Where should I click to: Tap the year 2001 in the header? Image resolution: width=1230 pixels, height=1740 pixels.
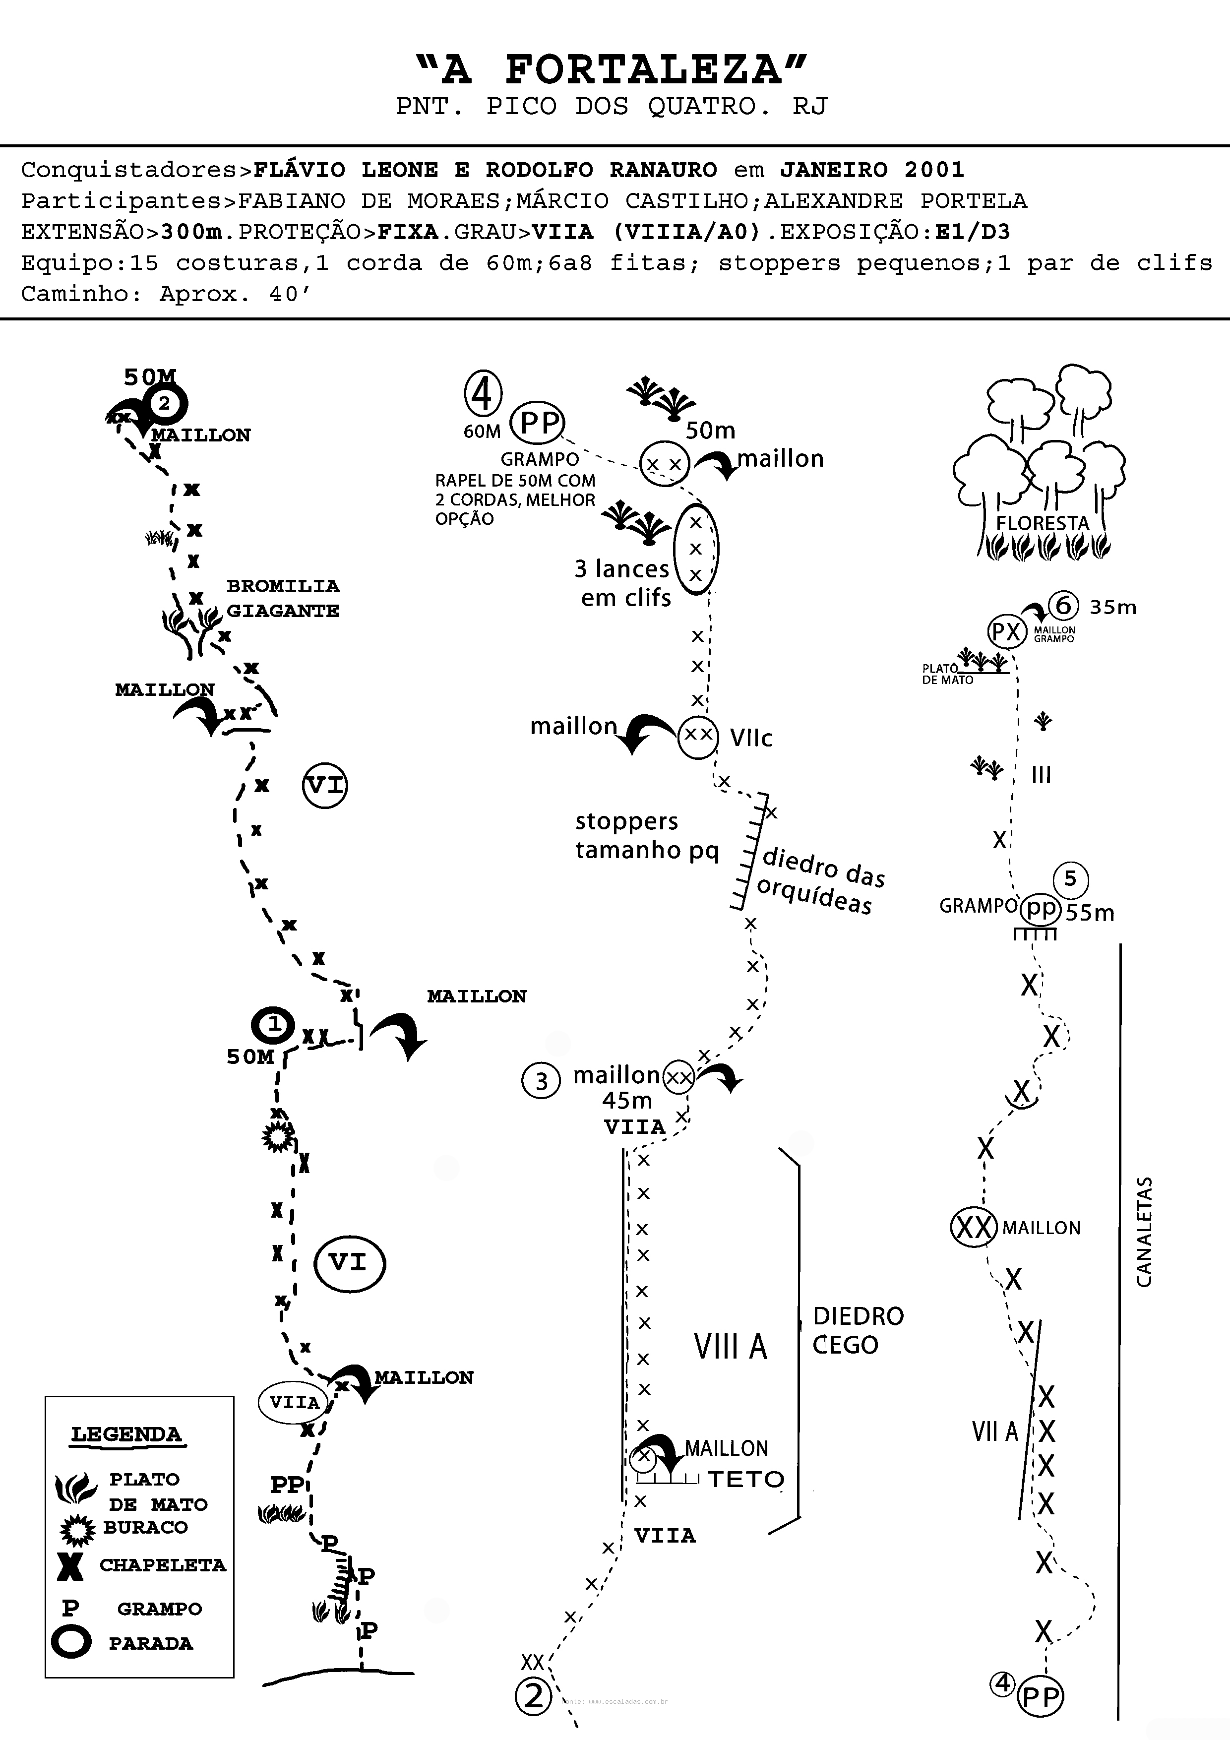pyautogui.click(x=934, y=170)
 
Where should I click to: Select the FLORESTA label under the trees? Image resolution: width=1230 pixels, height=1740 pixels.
pyautogui.click(x=1042, y=523)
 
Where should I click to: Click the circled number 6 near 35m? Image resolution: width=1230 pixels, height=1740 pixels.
pyautogui.click(x=1063, y=606)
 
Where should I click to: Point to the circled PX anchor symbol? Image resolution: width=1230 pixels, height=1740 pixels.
pyautogui.click(x=1006, y=631)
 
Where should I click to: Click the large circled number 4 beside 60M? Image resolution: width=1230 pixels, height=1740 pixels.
pyautogui.click(x=483, y=393)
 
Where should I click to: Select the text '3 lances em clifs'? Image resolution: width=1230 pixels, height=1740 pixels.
pyautogui.click(x=623, y=583)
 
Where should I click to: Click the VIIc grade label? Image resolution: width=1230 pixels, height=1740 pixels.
pyautogui.click(x=751, y=738)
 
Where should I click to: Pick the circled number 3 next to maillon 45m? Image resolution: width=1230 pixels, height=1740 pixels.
pyautogui.click(x=541, y=1081)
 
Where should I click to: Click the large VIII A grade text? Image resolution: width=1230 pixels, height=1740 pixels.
pyautogui.click(x=731, y=1346)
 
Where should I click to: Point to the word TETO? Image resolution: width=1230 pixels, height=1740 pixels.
pyautogui.click(x=746, y=1479)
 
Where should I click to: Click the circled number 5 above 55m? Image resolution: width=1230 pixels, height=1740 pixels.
pyautogui.click(x=1070, y=879)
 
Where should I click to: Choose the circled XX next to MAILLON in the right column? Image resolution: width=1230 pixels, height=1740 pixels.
pyautogui.click(x=973, y=1227)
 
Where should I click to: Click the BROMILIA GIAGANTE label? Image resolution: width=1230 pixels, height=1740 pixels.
pyautogui.click(x=283, y=598)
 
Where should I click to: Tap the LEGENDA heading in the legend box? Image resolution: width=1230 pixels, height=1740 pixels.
pyautogui.click(x=126, y=1434)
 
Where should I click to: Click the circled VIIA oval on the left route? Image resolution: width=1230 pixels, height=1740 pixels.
pyautogui.click(x=295, y=1402)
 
